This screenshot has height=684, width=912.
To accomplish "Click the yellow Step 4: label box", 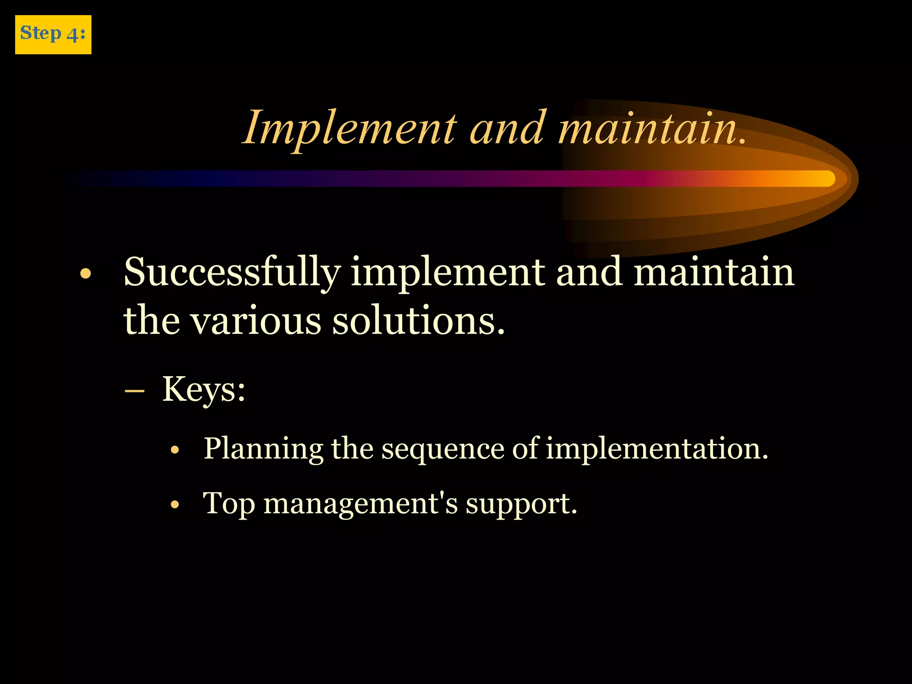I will pyautogui.click(x=53, y=35).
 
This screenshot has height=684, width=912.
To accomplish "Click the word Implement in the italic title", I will pyautogui.click(x=350, y=128).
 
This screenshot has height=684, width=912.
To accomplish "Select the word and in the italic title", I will pyautogui.click(x=507, y=128).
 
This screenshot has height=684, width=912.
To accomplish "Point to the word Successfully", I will pyautogui.click(x=232, y=273).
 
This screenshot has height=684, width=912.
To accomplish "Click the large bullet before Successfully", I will pyautogui.click(x=85, y=274).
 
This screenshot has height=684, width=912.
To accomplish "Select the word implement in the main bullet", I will pyautogui.click(x=448, y=273).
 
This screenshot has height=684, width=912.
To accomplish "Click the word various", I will pyautogui.click(x=256, y=321).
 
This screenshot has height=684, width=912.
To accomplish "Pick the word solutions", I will pyautogui.click(x=419, y=321).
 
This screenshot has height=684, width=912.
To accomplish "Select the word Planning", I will pyautogui.click(x=263, y=449).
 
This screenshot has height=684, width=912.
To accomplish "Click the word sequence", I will pyautogui.click(x=442, y=449).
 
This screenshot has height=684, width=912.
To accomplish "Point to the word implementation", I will pyautogui.click(x=657, y=449).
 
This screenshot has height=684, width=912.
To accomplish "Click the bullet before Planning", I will pyautogui.click(x=175, y=450).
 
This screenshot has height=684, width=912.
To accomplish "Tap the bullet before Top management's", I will pyautogui.click(x=175, y=505).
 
